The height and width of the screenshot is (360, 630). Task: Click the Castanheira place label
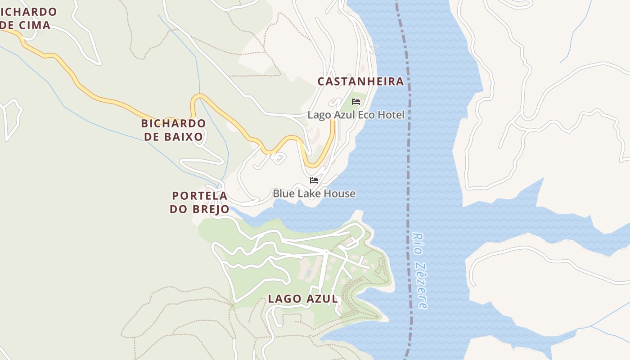[360, 81]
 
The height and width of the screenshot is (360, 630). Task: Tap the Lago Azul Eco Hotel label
[356, 115]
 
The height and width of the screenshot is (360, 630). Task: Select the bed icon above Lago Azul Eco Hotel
[356, 102]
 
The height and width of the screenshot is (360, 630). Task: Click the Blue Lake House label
[314, 193]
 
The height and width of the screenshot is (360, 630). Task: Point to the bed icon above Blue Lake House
[314, 180]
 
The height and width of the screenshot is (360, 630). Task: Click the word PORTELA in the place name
[199, 196]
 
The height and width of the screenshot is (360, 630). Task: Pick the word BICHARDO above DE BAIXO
[173, 123]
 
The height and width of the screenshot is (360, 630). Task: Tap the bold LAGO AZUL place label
[303, 299]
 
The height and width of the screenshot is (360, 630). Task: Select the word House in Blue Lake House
[341, 193]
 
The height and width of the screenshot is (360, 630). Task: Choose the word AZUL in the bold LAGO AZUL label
[322, 299]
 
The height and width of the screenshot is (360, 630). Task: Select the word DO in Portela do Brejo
[178, 209]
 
